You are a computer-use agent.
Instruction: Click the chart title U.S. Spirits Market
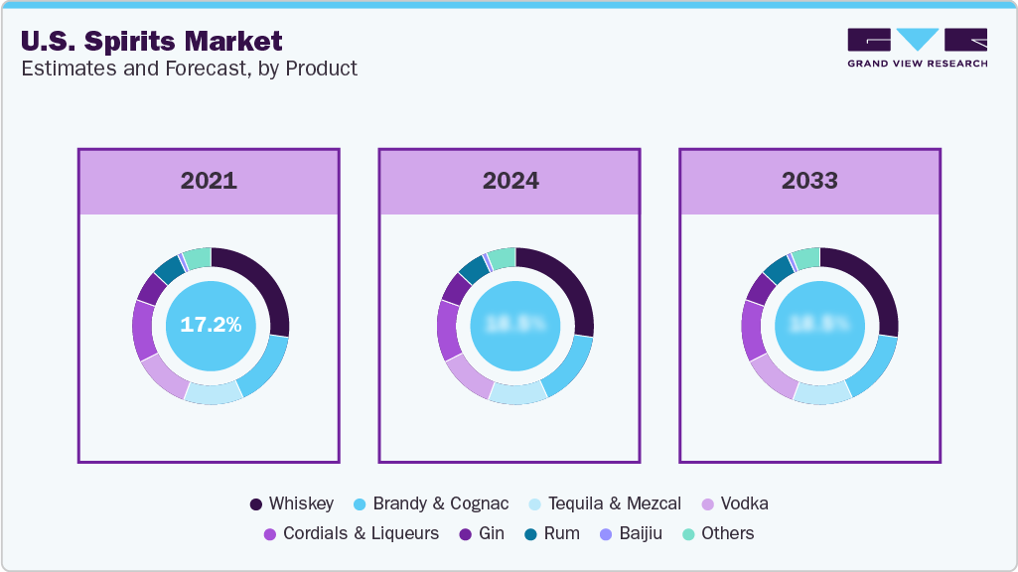point(152,41)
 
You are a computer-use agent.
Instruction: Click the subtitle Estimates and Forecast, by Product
point(189,69)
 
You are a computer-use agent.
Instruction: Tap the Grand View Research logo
point(917,48)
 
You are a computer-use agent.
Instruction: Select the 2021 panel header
point(209,181)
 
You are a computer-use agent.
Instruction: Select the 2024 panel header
point(510,181)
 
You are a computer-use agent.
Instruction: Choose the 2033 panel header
point(809,181)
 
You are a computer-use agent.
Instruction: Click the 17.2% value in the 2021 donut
point(211,325)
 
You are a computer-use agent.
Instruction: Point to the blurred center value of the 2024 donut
point(514,325)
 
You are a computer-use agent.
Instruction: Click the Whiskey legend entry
point(292,503)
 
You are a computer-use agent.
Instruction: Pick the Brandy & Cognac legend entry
point(430,503)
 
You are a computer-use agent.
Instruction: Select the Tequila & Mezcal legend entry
point(602,503)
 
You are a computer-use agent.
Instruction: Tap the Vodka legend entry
point(734,503)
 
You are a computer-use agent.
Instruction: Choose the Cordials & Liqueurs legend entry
point(351,533)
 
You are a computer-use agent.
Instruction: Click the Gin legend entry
point(481,533)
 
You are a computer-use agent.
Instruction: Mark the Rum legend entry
point(551,533)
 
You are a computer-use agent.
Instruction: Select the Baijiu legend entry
point(630,533)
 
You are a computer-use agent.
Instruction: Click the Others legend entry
point(717,533)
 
